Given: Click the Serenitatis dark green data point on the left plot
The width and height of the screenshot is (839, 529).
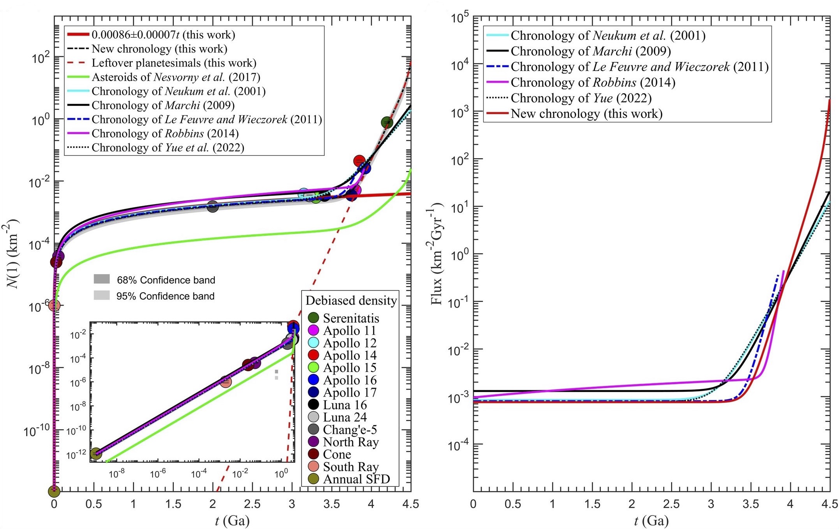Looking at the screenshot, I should click(387, 122).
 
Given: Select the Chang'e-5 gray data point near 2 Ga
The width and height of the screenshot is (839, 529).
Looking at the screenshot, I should click(212, 206).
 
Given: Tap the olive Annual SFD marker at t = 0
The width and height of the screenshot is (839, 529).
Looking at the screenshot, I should click(54, 491).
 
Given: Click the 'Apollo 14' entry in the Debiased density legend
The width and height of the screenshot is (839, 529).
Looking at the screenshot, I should click(350, 355).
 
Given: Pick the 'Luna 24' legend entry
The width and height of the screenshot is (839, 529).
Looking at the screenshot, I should click(345, 417).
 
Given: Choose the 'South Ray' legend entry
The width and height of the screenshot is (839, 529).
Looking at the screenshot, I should click(351, 467).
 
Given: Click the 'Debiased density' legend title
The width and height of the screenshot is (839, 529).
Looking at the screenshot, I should click(351, 300).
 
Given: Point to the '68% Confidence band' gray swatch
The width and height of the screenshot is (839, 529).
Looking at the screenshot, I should click(102, 279).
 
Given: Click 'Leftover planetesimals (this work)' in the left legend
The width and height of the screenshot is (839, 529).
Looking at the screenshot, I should click(174, 63).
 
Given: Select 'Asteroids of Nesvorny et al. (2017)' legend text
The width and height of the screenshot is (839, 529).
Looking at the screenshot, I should click(176, 77).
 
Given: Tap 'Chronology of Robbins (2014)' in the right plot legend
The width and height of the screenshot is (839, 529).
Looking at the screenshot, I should click(593, 83).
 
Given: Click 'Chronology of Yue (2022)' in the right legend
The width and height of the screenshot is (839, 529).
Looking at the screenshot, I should click(581, 98).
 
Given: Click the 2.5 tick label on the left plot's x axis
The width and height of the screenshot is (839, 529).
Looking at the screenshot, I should click(252, 504).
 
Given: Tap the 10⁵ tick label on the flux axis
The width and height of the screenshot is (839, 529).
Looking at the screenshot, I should click(460, 18).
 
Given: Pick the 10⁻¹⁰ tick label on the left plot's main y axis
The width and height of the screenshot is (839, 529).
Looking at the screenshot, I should click(37, 430).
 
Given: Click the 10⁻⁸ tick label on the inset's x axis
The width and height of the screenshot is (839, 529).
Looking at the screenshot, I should click(117, 474).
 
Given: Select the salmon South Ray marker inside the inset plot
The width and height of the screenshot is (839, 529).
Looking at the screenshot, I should click(226, 382).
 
